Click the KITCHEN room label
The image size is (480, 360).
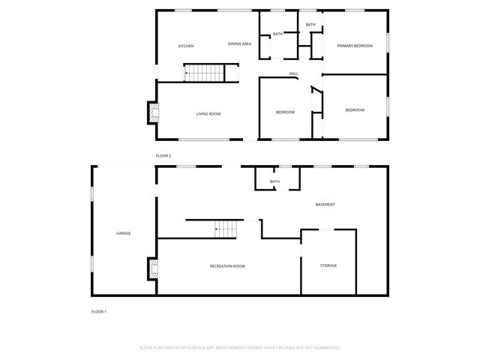click(x=186, y=46)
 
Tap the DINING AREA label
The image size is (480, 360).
click(x=239, y=43)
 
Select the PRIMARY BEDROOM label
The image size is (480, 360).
click(x=355, y=46)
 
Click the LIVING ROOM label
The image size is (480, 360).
click(x=208, y=114)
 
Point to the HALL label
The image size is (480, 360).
click(x=294, y=73)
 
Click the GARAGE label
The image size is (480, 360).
click(x=123, y=233)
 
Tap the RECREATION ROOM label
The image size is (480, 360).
click(x=227, y=266)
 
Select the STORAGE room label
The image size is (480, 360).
click(x=328, y=265)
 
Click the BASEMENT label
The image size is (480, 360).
click(x=325, y=205)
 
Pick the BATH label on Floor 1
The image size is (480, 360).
click(x=274, y=181)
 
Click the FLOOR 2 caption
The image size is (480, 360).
click(x=163, y=155)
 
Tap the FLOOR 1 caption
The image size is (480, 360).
click(x=99, y=311)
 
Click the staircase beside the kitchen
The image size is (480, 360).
click(x=205, y=73)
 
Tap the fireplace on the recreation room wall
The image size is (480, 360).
click(x=152, y=268)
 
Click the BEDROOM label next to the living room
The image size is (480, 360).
click(x=285, y=112)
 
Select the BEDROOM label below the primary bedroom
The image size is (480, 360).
click(x=355, y=110)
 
